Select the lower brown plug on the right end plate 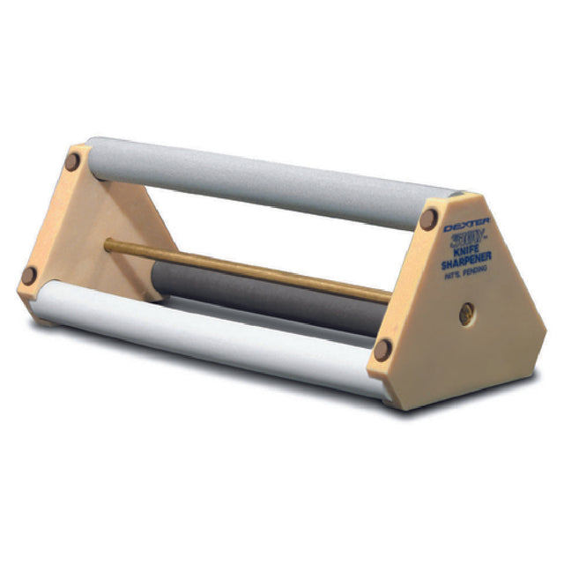[382, 349]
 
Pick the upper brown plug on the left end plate [73, 162]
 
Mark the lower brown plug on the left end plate [29, 275]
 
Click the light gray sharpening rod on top [264, 181]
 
